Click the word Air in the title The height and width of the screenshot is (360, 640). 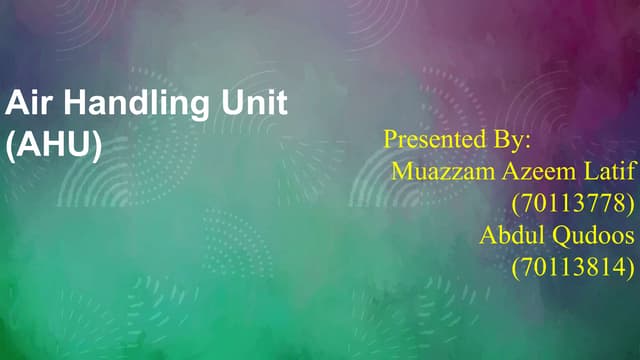click(x=28, y=103)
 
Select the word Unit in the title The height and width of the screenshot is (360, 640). click(x=253, y=103)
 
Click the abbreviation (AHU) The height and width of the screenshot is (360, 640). click(x=54, y=144)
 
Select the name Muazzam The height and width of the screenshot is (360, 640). click(x=441, y=171)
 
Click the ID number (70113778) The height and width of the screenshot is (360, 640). click(x=573, y=204)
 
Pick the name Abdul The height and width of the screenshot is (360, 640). click(x=513, y=237)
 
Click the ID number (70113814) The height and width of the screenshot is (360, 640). click(x=573, y=269)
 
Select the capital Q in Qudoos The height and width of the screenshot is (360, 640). click(x=564, y=237)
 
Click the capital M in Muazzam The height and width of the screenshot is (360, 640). click(x=402, y=171)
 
